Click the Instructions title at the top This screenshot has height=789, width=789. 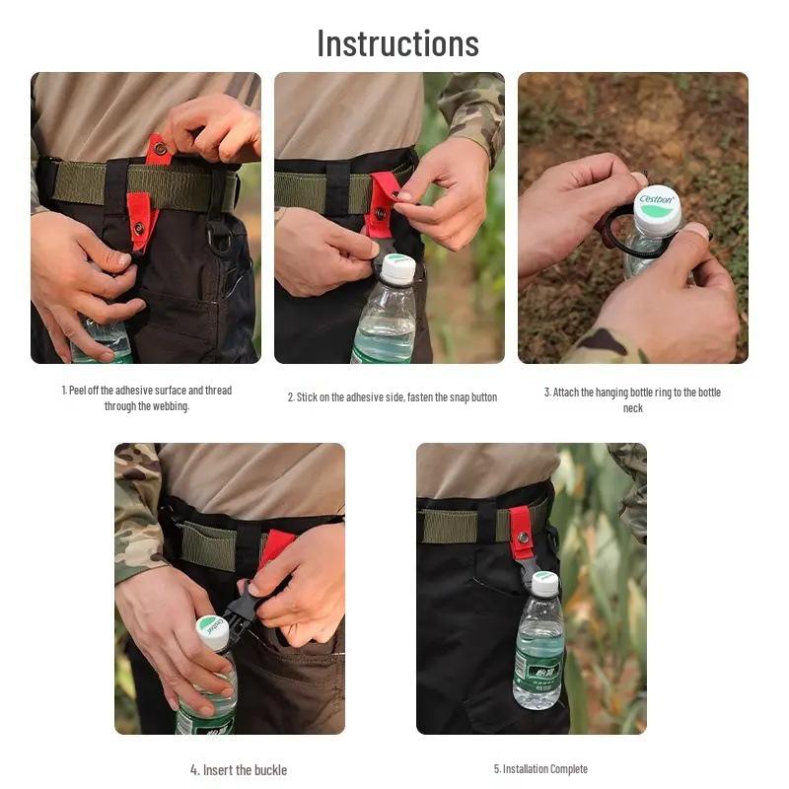(397, 43)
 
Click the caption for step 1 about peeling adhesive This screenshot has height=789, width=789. (146, 397)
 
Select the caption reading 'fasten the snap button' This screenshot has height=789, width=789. (392, 397)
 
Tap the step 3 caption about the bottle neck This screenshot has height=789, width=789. (632, 398)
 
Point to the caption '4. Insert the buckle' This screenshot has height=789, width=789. (239, 769)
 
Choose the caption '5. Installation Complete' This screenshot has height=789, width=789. (539, 769)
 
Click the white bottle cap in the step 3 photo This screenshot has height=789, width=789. (657, 209)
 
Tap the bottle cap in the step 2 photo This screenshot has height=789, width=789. (398, 269)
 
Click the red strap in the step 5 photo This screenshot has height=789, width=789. (521, 534)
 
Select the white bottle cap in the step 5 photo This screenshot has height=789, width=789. (544, 583)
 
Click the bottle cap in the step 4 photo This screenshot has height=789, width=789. (212, 632)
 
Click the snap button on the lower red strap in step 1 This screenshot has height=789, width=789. (139, 228)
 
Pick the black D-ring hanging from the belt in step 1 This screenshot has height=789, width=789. (219, 237)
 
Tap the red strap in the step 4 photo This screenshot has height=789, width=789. (275, 545)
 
